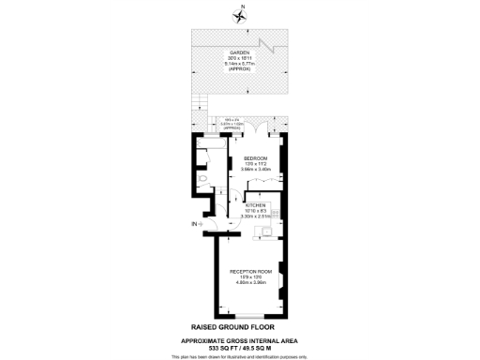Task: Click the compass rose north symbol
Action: click(239, 17)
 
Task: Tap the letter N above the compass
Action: click(241, 7)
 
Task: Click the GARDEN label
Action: click(239, 52)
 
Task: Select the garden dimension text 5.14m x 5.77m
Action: click(239, 64)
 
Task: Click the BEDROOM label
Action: click(256, 157)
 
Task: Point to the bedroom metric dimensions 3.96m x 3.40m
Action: click(256, 170)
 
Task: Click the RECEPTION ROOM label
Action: click(248, 271)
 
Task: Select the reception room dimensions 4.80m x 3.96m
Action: click(248, 282)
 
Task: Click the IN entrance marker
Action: click(195, 225)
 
